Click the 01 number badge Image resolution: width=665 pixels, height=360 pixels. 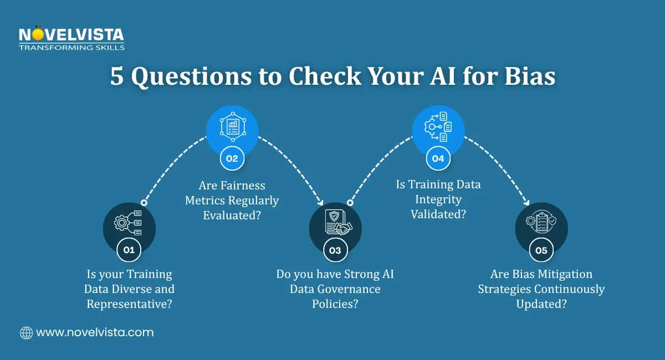[x=129, y=250]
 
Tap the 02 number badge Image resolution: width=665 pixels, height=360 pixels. [x=232, y=158]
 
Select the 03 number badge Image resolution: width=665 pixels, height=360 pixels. [x=335, y=250]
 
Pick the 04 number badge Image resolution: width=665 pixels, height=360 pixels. [x=438, y=158]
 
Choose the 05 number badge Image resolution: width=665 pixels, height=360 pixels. [x=541, y=250]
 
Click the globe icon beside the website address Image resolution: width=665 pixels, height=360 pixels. [x=27, y=333]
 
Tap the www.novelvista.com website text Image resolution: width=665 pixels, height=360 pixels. [x=95, y=332]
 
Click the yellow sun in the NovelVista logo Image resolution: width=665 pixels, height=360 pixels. [x=38, y=34]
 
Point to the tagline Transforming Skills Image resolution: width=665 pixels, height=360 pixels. [x=71, y=48]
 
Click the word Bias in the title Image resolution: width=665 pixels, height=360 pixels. [x=530, y=76]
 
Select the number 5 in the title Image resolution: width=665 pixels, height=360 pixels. [x=117, y=76]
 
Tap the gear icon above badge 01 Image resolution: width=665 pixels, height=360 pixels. [x=127, y=223]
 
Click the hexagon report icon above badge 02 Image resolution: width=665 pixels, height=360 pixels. [x=233, y=127]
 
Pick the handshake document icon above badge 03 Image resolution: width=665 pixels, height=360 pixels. [x=339, y=222]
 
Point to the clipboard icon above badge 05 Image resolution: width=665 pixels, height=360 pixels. [x=541, y=222]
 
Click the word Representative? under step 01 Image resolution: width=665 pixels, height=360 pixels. [x=130, y=304]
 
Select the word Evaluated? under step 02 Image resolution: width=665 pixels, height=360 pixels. [x=232, y=215]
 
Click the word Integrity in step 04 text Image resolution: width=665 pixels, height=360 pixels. [x=438, y=199]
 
